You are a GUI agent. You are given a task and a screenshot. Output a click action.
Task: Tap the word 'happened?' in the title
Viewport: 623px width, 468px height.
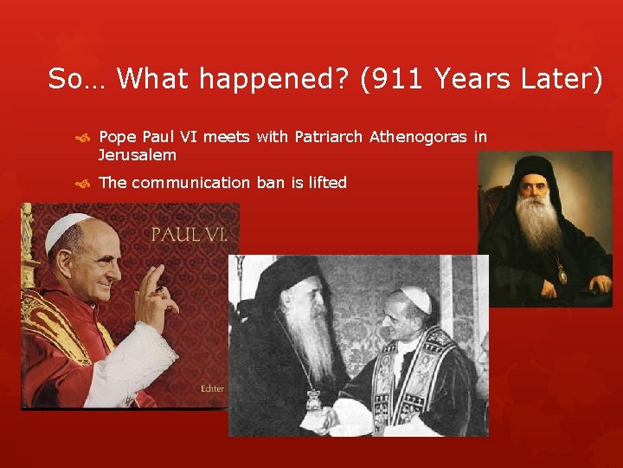(x=288, y=80)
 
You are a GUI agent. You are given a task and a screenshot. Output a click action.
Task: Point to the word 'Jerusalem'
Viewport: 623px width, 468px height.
(x=137, y=155)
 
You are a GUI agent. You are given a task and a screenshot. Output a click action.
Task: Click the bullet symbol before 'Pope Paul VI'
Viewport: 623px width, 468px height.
(x=83, y=138)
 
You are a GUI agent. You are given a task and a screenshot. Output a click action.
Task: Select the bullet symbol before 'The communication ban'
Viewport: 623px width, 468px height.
(x=83, y=183)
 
